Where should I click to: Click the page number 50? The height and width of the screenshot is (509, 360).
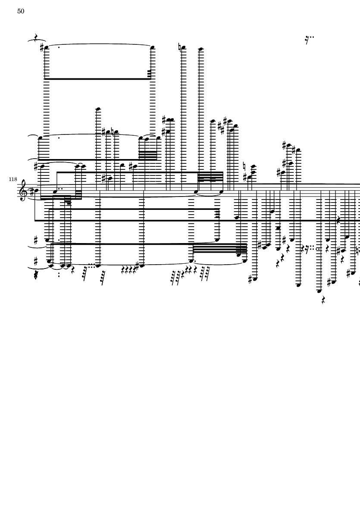pos(21,11)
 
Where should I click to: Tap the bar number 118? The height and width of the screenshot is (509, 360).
pos(13,179)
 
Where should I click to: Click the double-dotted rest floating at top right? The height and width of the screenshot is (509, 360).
pos(310,40)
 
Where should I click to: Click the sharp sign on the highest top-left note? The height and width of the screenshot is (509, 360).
pos(42,48)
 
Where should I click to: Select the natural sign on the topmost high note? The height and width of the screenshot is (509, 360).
pos(180,47)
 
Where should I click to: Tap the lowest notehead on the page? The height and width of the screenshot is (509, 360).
pos(319,291)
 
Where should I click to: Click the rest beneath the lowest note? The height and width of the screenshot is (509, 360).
pos(323,300)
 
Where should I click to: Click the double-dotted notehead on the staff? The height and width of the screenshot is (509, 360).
pos(55,191)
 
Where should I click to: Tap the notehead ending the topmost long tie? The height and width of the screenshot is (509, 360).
pos(152,47)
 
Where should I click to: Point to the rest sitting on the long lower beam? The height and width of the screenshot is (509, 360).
pos(338,220)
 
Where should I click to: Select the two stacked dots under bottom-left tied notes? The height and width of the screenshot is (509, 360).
pos(59,274)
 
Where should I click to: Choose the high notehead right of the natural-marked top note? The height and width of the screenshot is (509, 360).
pos(201,49)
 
